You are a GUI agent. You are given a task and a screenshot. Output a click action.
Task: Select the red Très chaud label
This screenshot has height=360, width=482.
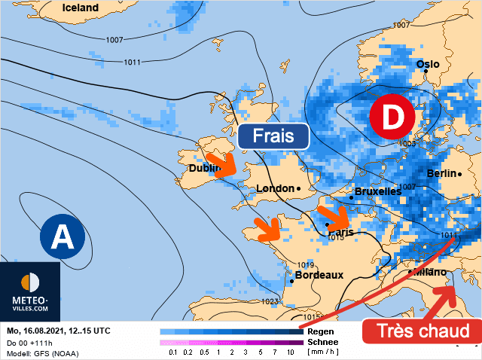click(x=421, y=331)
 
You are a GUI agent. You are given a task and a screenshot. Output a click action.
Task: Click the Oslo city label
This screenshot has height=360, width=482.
click(x=427, y=64)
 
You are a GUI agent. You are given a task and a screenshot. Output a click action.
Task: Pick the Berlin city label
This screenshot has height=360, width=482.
click(x=441, y=173)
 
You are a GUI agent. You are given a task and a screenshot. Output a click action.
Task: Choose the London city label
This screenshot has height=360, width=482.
click(x=275, y=188)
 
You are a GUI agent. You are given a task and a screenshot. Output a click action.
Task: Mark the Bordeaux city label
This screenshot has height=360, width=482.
click(x=319, y=275)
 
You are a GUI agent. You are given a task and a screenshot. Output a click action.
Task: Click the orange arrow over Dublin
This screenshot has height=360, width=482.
click(x=220, y=162)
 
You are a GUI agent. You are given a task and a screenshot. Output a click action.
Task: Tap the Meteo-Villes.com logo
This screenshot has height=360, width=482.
click(x=30, y=291)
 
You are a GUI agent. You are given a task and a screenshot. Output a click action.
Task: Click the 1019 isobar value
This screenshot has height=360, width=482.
click(x=305, y=265)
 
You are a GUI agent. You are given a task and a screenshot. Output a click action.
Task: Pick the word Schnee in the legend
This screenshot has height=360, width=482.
click(x=324, y=341)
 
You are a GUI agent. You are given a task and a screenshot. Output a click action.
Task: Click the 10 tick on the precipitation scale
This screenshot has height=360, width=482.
click(x=291, y=352)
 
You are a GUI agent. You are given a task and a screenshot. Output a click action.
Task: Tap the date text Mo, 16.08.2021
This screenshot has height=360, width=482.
click(x=39, y=331)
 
